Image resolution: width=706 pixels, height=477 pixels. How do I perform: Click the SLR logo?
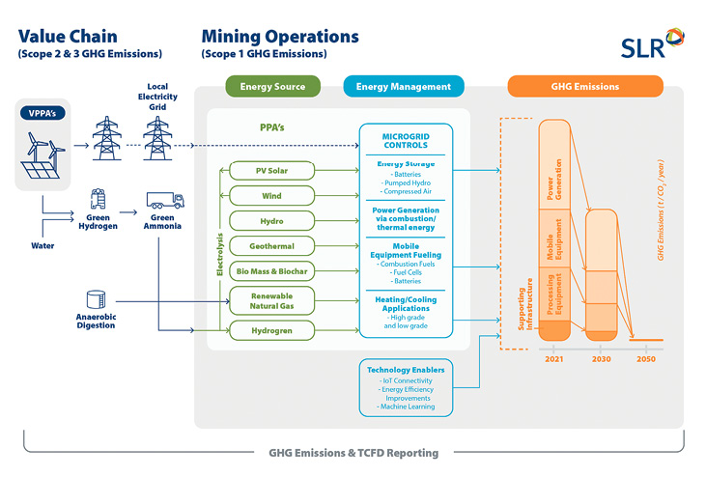653,43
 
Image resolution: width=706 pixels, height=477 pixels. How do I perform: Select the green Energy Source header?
273,86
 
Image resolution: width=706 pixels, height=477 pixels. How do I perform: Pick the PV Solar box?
272,171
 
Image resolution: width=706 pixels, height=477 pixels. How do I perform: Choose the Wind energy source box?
272,196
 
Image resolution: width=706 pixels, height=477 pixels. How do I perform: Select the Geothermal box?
272,246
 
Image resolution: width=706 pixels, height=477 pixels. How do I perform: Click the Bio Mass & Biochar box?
272,271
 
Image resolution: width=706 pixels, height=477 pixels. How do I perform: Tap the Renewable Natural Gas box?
272,300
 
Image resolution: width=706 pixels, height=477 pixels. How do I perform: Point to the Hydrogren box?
272,330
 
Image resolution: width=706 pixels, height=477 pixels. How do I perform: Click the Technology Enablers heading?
406,369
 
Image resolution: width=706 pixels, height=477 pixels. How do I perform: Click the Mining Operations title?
279,37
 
